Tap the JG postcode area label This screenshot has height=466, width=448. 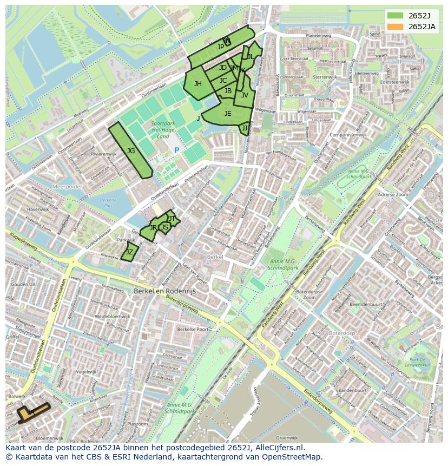pos(131,151)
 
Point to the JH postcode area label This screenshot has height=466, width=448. pos(198,83)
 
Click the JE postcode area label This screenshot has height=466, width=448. pos(228,113)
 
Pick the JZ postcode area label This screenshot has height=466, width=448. pos(129,252)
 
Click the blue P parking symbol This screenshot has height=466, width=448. pos(176,150)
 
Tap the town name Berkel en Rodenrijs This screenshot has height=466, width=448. pos(164,291)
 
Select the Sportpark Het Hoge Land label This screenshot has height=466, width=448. pos(163,130)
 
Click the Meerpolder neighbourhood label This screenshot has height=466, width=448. pos(67,186)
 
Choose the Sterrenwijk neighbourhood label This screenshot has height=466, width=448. pos(325,77)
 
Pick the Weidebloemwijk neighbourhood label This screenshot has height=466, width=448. pos(113,316)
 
